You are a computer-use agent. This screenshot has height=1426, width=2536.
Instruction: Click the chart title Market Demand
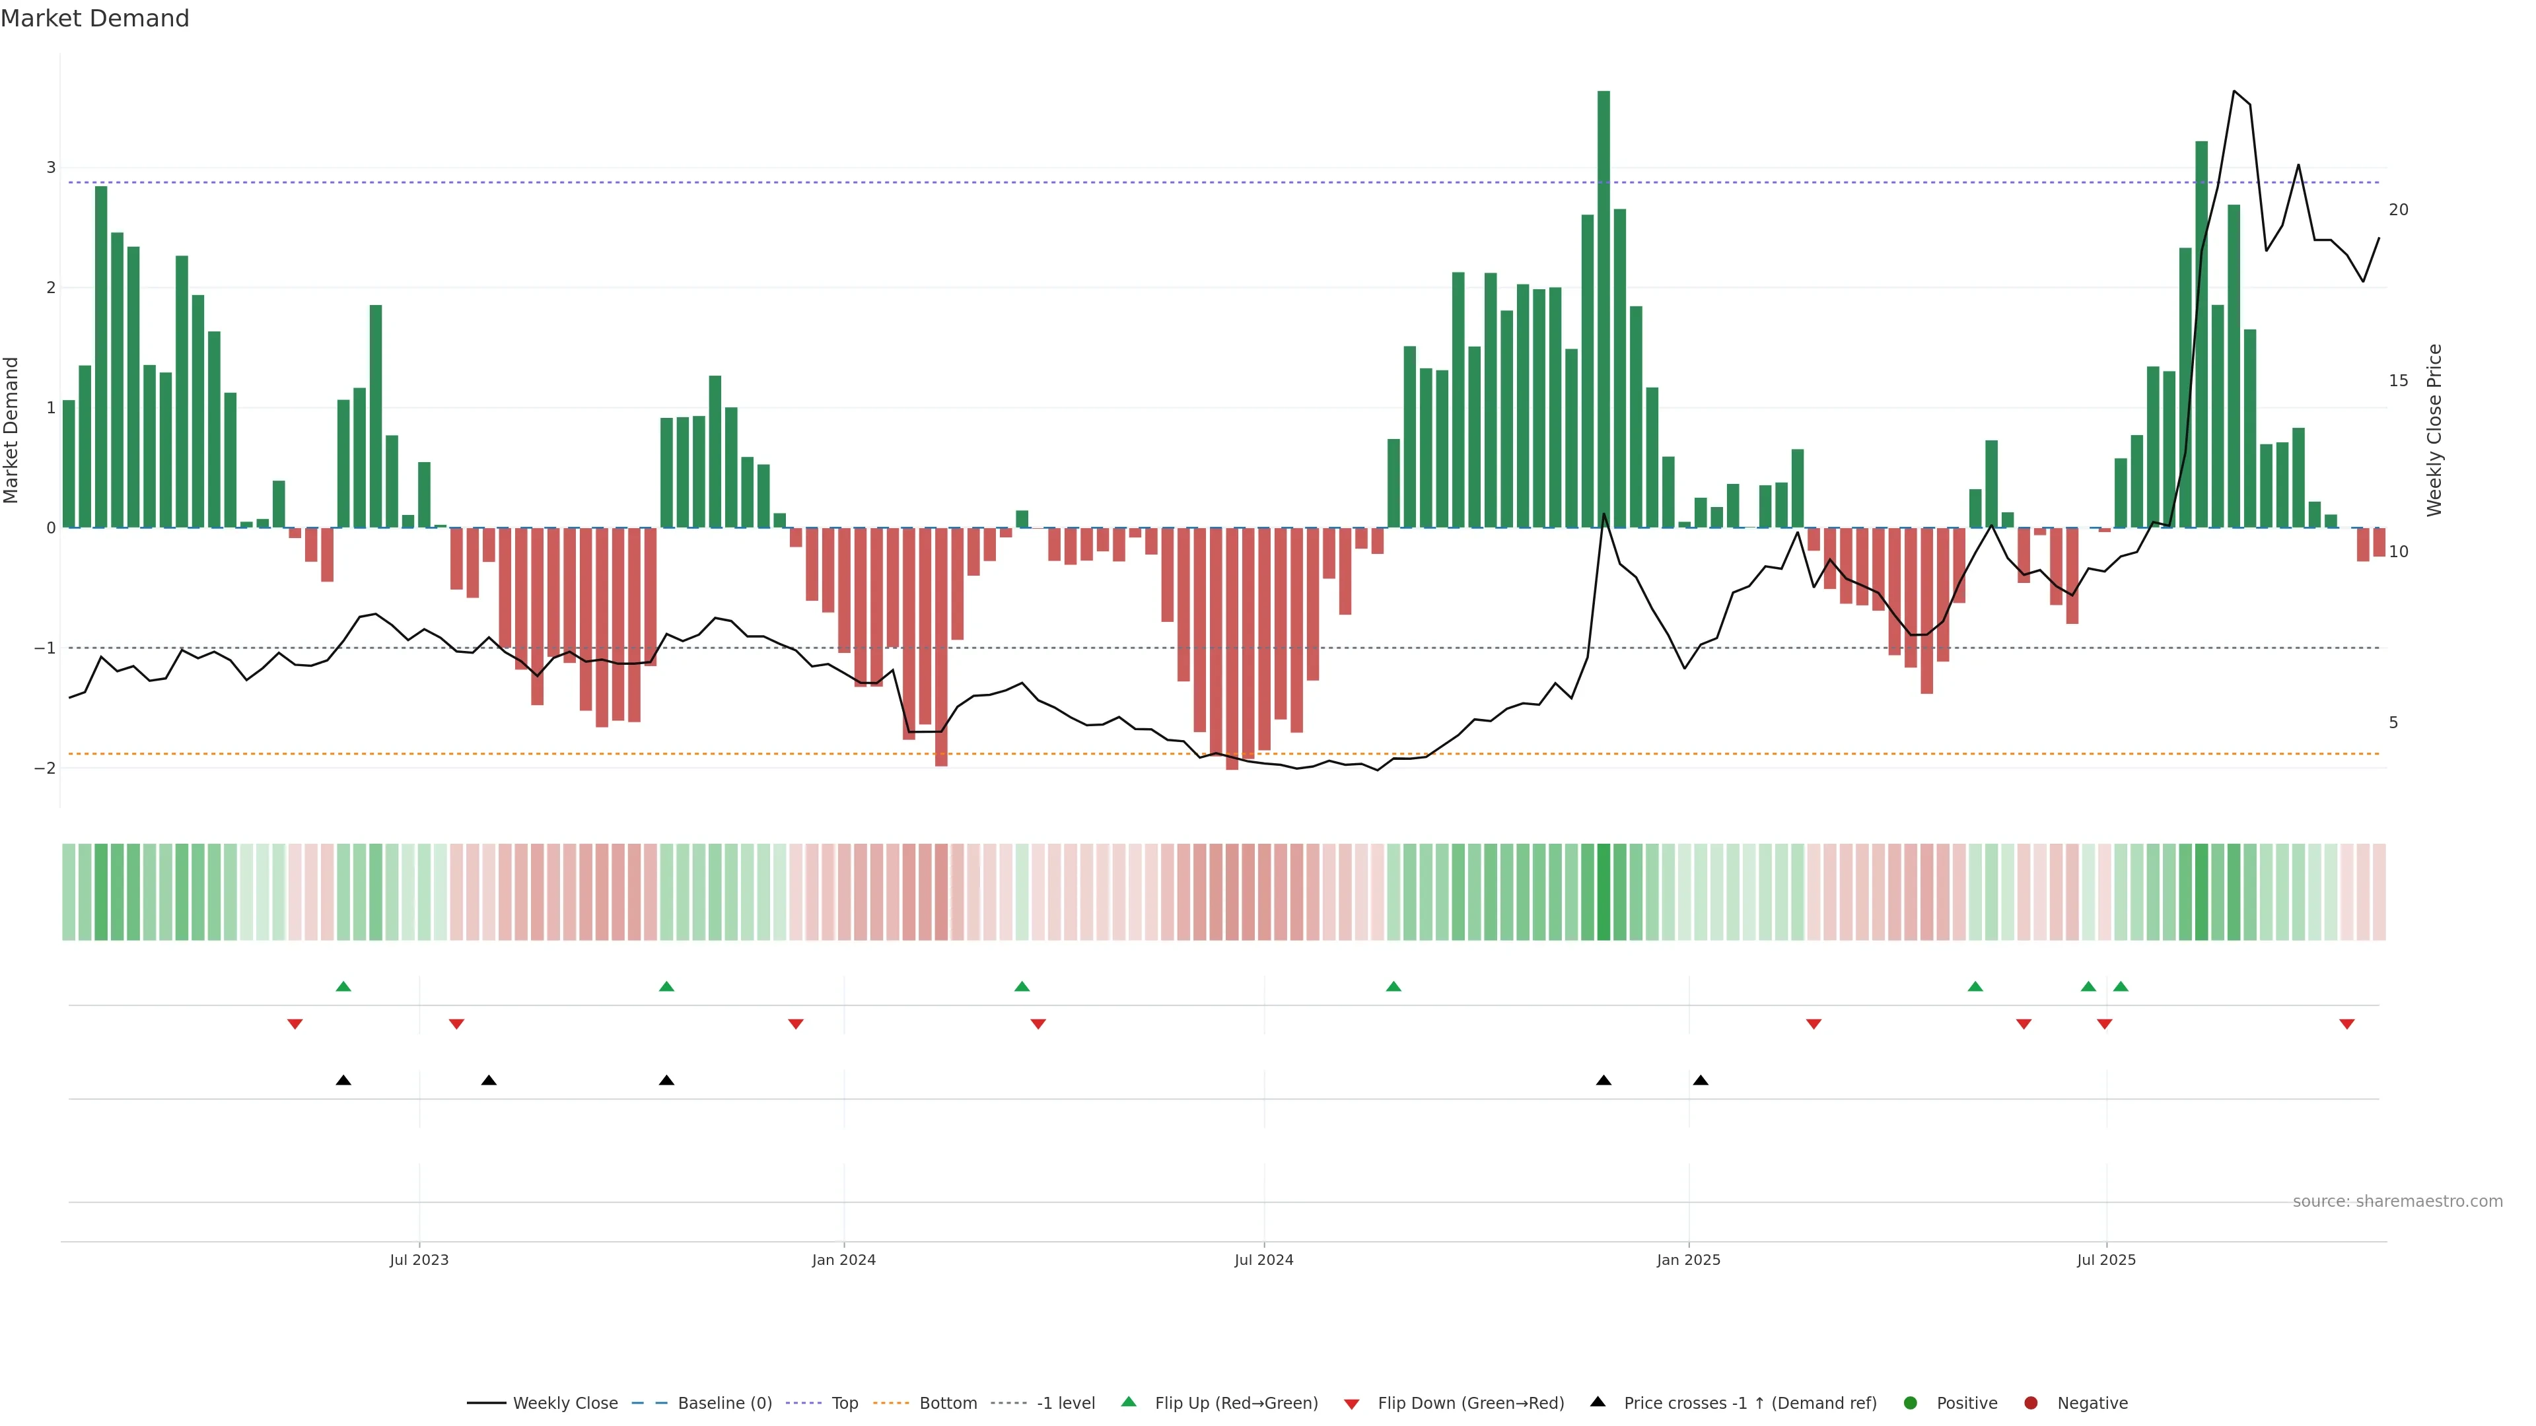tap(94, 18)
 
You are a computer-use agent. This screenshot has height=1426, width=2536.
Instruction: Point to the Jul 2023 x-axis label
tap(419, 1260)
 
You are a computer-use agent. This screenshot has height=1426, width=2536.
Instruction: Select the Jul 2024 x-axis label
tap(1263, 1260)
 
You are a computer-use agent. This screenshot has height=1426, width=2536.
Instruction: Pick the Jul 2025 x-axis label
tap(2106, 1260)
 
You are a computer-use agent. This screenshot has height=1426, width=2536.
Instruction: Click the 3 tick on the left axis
tap(52, 167)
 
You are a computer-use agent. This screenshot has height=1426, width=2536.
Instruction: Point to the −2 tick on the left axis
tap(46, 768)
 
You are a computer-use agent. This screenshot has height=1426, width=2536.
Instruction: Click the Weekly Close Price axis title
tap(2434, 430)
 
